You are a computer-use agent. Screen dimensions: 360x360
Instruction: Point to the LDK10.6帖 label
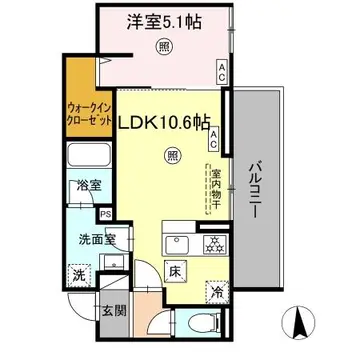[166, 122]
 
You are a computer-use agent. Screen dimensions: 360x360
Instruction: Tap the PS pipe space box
[103, 213]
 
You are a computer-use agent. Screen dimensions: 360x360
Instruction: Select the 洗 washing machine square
[76, 275]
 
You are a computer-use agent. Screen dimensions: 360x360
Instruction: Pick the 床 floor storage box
[171, 270]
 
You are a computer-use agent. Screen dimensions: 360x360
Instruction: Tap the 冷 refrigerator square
[216, 293]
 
